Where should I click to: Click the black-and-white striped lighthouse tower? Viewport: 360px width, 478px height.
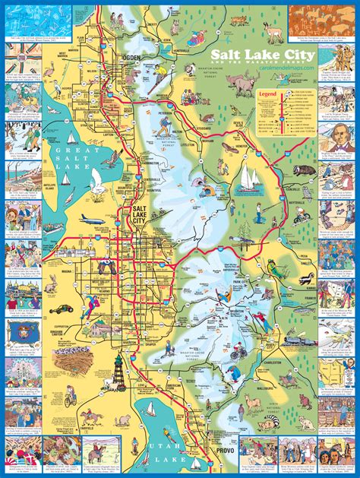click(x=119, y=379)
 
